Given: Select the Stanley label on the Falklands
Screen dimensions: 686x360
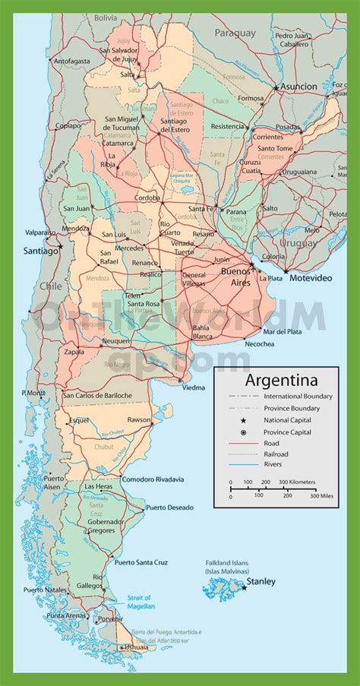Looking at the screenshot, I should click(261, 582).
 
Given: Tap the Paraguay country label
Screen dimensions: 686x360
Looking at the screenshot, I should click(235, 33).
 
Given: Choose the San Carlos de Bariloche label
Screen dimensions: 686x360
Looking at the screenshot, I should click(98, 395).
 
